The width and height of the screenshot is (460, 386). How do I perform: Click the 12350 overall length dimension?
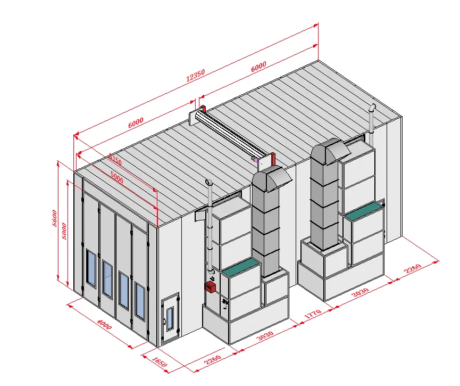coord(195,76)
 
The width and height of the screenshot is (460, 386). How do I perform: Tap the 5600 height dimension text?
coord(55,218)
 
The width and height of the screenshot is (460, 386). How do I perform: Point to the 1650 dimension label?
coord(160,362)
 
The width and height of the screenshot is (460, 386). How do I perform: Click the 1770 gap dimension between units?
coord(313,314)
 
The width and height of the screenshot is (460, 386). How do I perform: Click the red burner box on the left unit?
coord(210,287)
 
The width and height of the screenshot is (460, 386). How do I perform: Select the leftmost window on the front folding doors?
coord(91,268)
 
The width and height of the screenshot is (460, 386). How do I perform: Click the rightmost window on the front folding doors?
coord(140,301)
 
